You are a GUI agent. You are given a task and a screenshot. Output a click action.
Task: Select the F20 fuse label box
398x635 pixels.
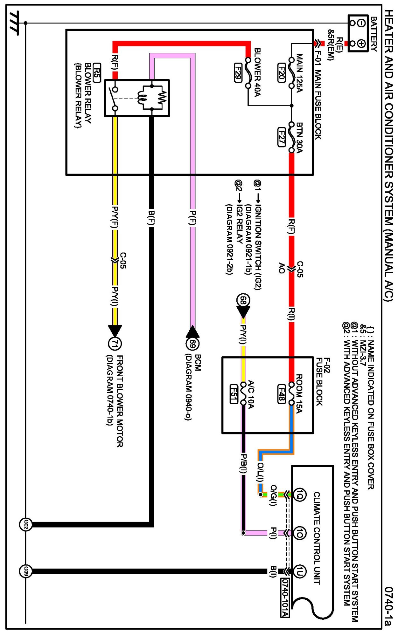tap(281, 73)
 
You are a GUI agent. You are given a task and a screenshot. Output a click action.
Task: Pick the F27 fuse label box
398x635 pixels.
tap(281, 137)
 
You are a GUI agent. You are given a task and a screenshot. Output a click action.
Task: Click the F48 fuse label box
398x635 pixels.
tap(281, 394)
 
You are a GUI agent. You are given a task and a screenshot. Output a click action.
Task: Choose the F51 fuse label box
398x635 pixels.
tap(234, 394)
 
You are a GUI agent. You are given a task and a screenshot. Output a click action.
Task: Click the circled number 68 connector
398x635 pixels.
tap(243, 300)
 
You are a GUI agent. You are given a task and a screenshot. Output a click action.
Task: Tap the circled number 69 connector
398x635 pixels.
tap(192, 344)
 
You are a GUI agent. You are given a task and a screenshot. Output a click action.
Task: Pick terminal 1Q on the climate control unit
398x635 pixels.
tap(299, 495)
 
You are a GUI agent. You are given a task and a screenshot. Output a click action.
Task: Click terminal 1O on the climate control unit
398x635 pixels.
tap(299, 533)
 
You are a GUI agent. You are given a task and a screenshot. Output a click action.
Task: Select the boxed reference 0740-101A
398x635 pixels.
tap(285, 597)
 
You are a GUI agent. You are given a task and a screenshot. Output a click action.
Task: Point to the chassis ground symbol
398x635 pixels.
tap(14, 23)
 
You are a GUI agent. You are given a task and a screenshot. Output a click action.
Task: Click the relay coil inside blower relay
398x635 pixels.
tap(142, 98)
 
